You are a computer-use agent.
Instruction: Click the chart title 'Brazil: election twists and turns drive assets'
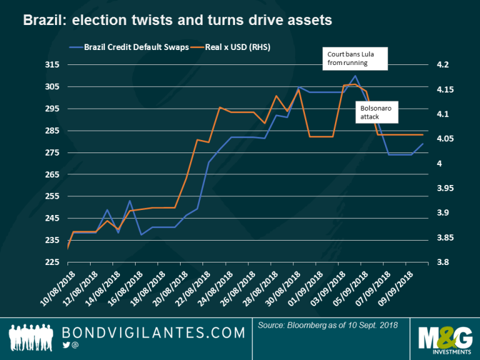[177, 21]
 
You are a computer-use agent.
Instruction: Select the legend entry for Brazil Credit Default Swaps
[128, 47]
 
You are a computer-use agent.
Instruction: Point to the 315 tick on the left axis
[52, 65]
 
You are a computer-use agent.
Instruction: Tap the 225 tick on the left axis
[52, 262]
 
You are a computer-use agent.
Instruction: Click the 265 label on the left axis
[52, 174]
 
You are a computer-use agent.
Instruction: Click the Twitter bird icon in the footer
[66, 344]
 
